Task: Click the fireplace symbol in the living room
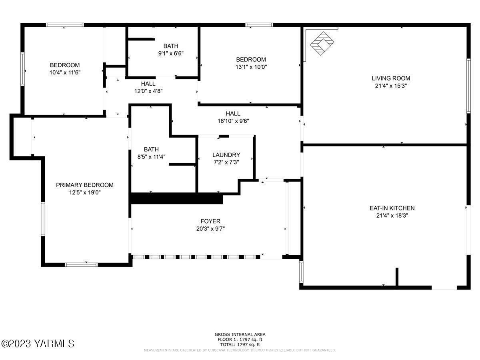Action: (322, 43)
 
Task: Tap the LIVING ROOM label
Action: (391, 78)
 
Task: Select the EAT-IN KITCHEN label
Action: (392, 208)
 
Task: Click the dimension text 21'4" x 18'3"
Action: (392, 216)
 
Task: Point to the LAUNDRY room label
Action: (226, 155)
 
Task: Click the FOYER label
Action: (210, 221)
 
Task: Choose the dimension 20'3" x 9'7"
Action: (210, 228)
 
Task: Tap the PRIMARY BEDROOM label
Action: (84, 185)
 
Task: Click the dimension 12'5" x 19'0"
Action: (84, 192)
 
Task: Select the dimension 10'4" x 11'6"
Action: (64, 72)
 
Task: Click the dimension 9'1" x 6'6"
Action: (171, 53)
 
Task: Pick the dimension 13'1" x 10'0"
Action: (251, 67)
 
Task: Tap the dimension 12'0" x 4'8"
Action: (148, 91)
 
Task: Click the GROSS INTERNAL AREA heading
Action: (240, 334)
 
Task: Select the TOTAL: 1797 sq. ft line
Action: (240, 344)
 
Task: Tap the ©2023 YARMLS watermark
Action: (38, 343)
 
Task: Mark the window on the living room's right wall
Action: (468, 86)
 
